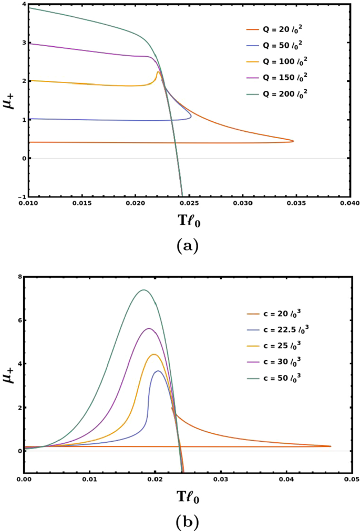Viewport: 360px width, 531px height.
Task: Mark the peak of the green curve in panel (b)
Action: [143, 290]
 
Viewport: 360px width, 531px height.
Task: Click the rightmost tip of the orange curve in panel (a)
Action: [293, 141]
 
